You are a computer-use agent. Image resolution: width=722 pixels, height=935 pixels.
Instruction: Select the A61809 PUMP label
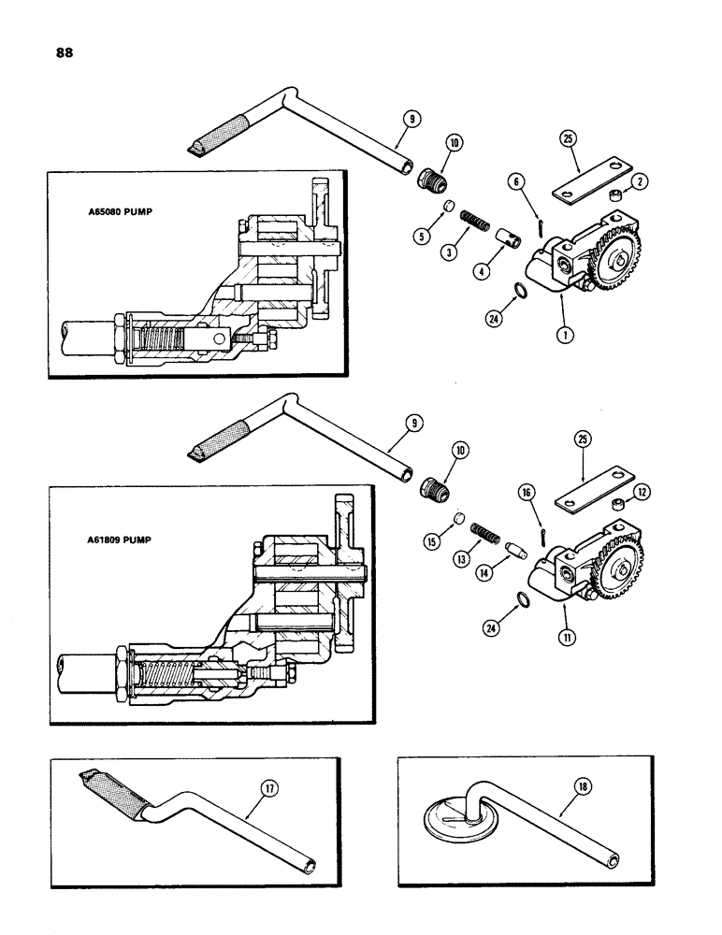pos(113,539)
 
